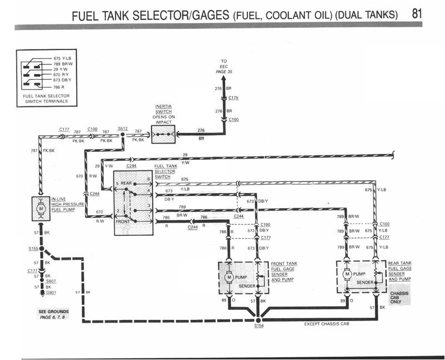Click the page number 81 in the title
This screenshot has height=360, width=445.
tap(421, 13)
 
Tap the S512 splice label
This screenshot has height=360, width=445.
tap(123, 128)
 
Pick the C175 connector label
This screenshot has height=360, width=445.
tap(233, 98)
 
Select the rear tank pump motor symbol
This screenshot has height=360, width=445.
tap(348, 274)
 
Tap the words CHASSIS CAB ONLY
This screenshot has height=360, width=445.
tap(400, 297)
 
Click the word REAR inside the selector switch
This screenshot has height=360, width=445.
tap(127, 183)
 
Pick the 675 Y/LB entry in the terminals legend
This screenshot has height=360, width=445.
tap(61, 58)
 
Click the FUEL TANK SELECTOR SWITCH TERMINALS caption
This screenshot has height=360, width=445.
tap(47, 99)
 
